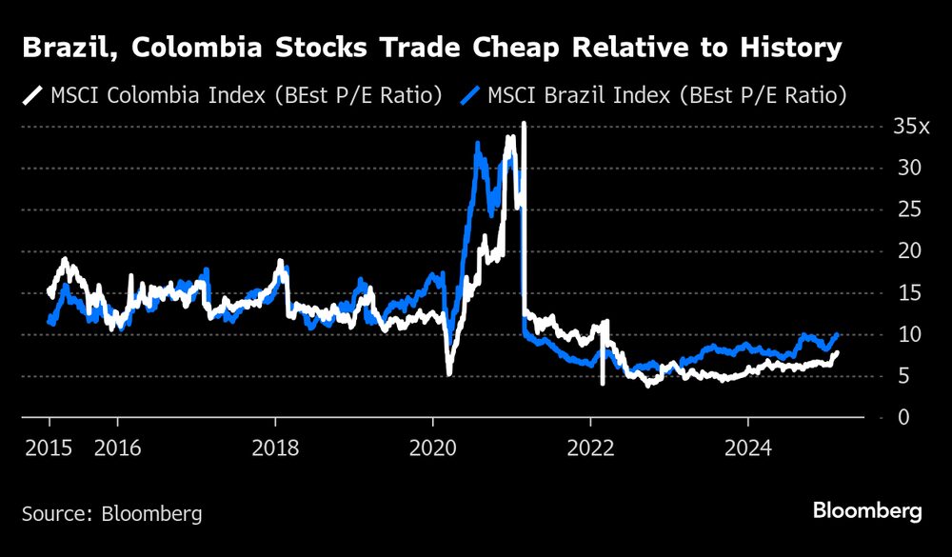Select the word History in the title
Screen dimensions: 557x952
(x=789, y=49)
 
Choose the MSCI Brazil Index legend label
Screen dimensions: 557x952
(x=666, y=95)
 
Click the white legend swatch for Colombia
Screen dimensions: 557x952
(x=32, y=95)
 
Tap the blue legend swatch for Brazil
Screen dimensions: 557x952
(x=470, y=95)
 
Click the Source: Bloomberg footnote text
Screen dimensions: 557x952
(x=111, y=514)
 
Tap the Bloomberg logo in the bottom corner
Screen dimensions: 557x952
(x=867, y=512)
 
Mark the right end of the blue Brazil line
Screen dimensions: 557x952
(x=837, y=334)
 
